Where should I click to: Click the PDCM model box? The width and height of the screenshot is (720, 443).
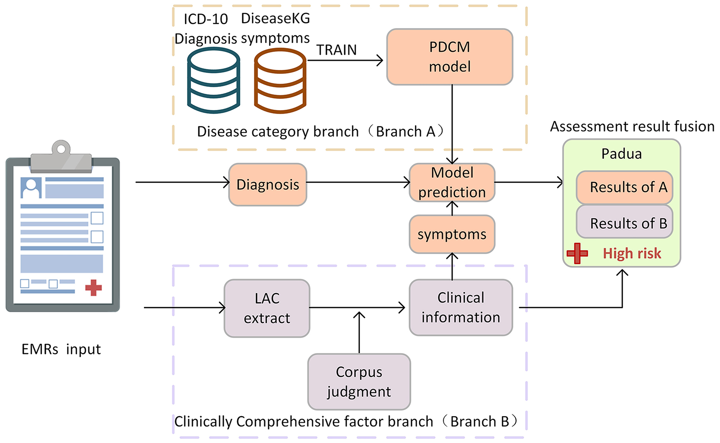click(449, 57)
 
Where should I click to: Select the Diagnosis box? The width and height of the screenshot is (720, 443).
click(268, 185)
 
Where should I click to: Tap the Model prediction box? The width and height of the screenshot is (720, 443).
click(452, 183)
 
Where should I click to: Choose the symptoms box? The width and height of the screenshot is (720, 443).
click(452, 234)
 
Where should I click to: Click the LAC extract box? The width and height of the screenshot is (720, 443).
click(267, 308)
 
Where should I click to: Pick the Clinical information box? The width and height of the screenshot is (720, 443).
click(461, 307)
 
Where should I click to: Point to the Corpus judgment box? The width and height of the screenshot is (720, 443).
click(359, 382)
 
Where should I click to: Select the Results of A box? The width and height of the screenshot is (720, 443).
click(625, 187)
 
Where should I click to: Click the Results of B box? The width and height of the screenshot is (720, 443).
click(625, 223)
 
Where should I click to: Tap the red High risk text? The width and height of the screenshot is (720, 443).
click(632, 253)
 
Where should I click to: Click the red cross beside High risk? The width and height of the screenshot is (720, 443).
click(577, 253)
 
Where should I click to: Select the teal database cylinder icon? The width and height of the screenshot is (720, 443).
click(213, 80)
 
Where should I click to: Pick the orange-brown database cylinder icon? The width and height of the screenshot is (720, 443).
click(280, 80)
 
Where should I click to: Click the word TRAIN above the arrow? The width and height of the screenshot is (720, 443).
click(336, 50)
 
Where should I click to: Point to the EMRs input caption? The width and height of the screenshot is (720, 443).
click(61, 349)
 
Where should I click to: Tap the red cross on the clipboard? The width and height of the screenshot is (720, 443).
click(93, 287)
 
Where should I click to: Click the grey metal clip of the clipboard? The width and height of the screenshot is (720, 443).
click(61, 157)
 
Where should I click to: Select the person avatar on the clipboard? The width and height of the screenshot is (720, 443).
click(31, 188)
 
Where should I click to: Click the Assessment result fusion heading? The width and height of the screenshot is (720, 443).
click(632, 127)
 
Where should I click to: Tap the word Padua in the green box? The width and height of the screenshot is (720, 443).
click(621, 154)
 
